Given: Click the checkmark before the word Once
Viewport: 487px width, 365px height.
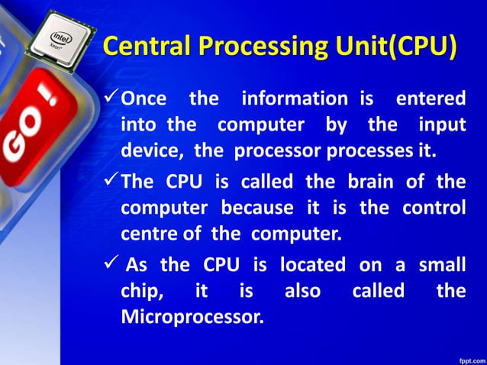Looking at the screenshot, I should (111, 97).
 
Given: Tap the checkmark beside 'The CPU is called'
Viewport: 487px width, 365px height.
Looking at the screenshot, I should (111, 182).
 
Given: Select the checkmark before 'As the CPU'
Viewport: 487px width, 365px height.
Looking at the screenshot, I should (111, 265).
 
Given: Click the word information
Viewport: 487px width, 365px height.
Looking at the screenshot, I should (294, 99).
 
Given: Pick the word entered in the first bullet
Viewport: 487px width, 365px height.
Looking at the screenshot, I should (431, 99).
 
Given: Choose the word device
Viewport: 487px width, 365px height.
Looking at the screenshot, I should (150, 150).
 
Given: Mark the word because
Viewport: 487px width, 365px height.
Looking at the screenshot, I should (257, 208).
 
